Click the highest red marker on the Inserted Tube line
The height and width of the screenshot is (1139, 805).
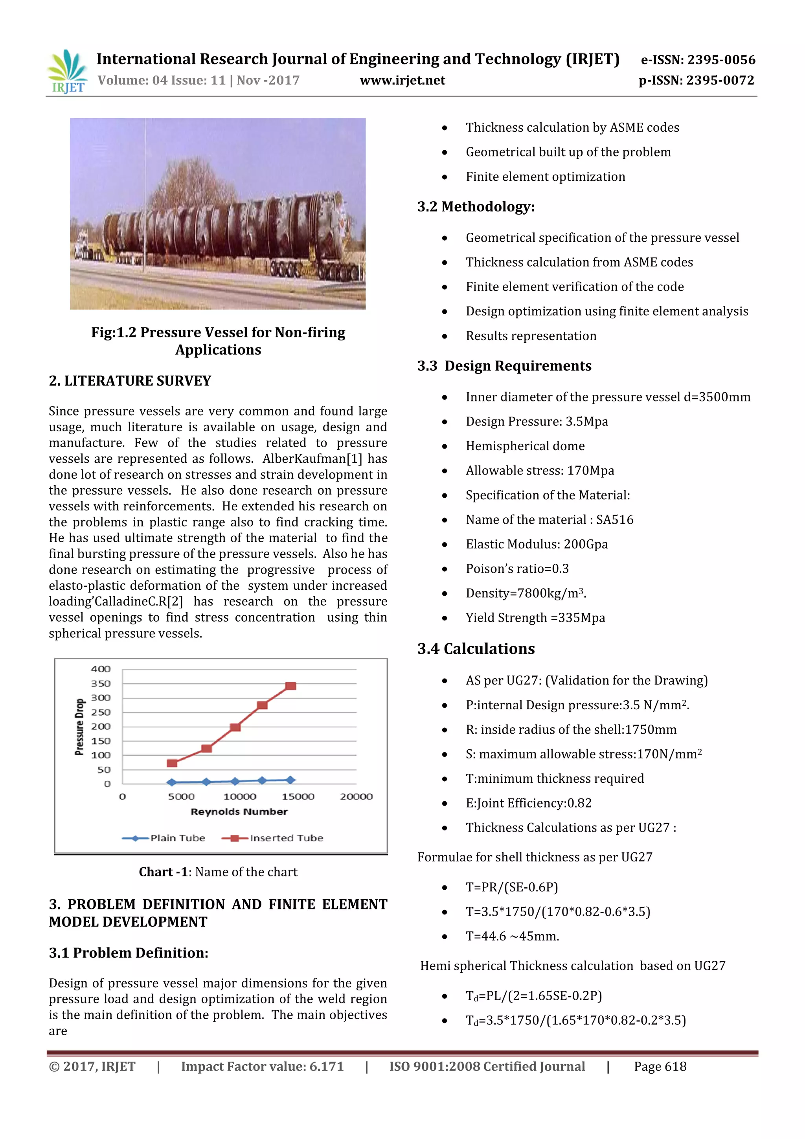pyautogui.click(x=290, y=686)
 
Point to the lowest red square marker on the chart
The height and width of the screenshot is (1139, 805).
pyautogui.click(x=172, y=764)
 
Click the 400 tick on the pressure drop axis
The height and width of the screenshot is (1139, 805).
pyautogui.click(x=101, y=669)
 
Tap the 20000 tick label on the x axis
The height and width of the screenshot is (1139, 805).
pyautogui.click(x=356, y=797)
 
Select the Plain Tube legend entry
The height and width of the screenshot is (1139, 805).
pyautogui.click(x=164, y=838)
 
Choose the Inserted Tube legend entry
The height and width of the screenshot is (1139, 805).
pyautogui.click(x=273, y=838)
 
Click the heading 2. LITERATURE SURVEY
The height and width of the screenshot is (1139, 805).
pyautogui.click(x=130, y=381)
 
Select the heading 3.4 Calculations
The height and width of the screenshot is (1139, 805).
pyautogui.click(x=476, y=649)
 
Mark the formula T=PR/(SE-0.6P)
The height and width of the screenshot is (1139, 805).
pyautogui.click(x=511, y=887)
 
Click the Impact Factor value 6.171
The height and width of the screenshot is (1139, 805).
pyautogui.click(x=326, y=1067)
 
